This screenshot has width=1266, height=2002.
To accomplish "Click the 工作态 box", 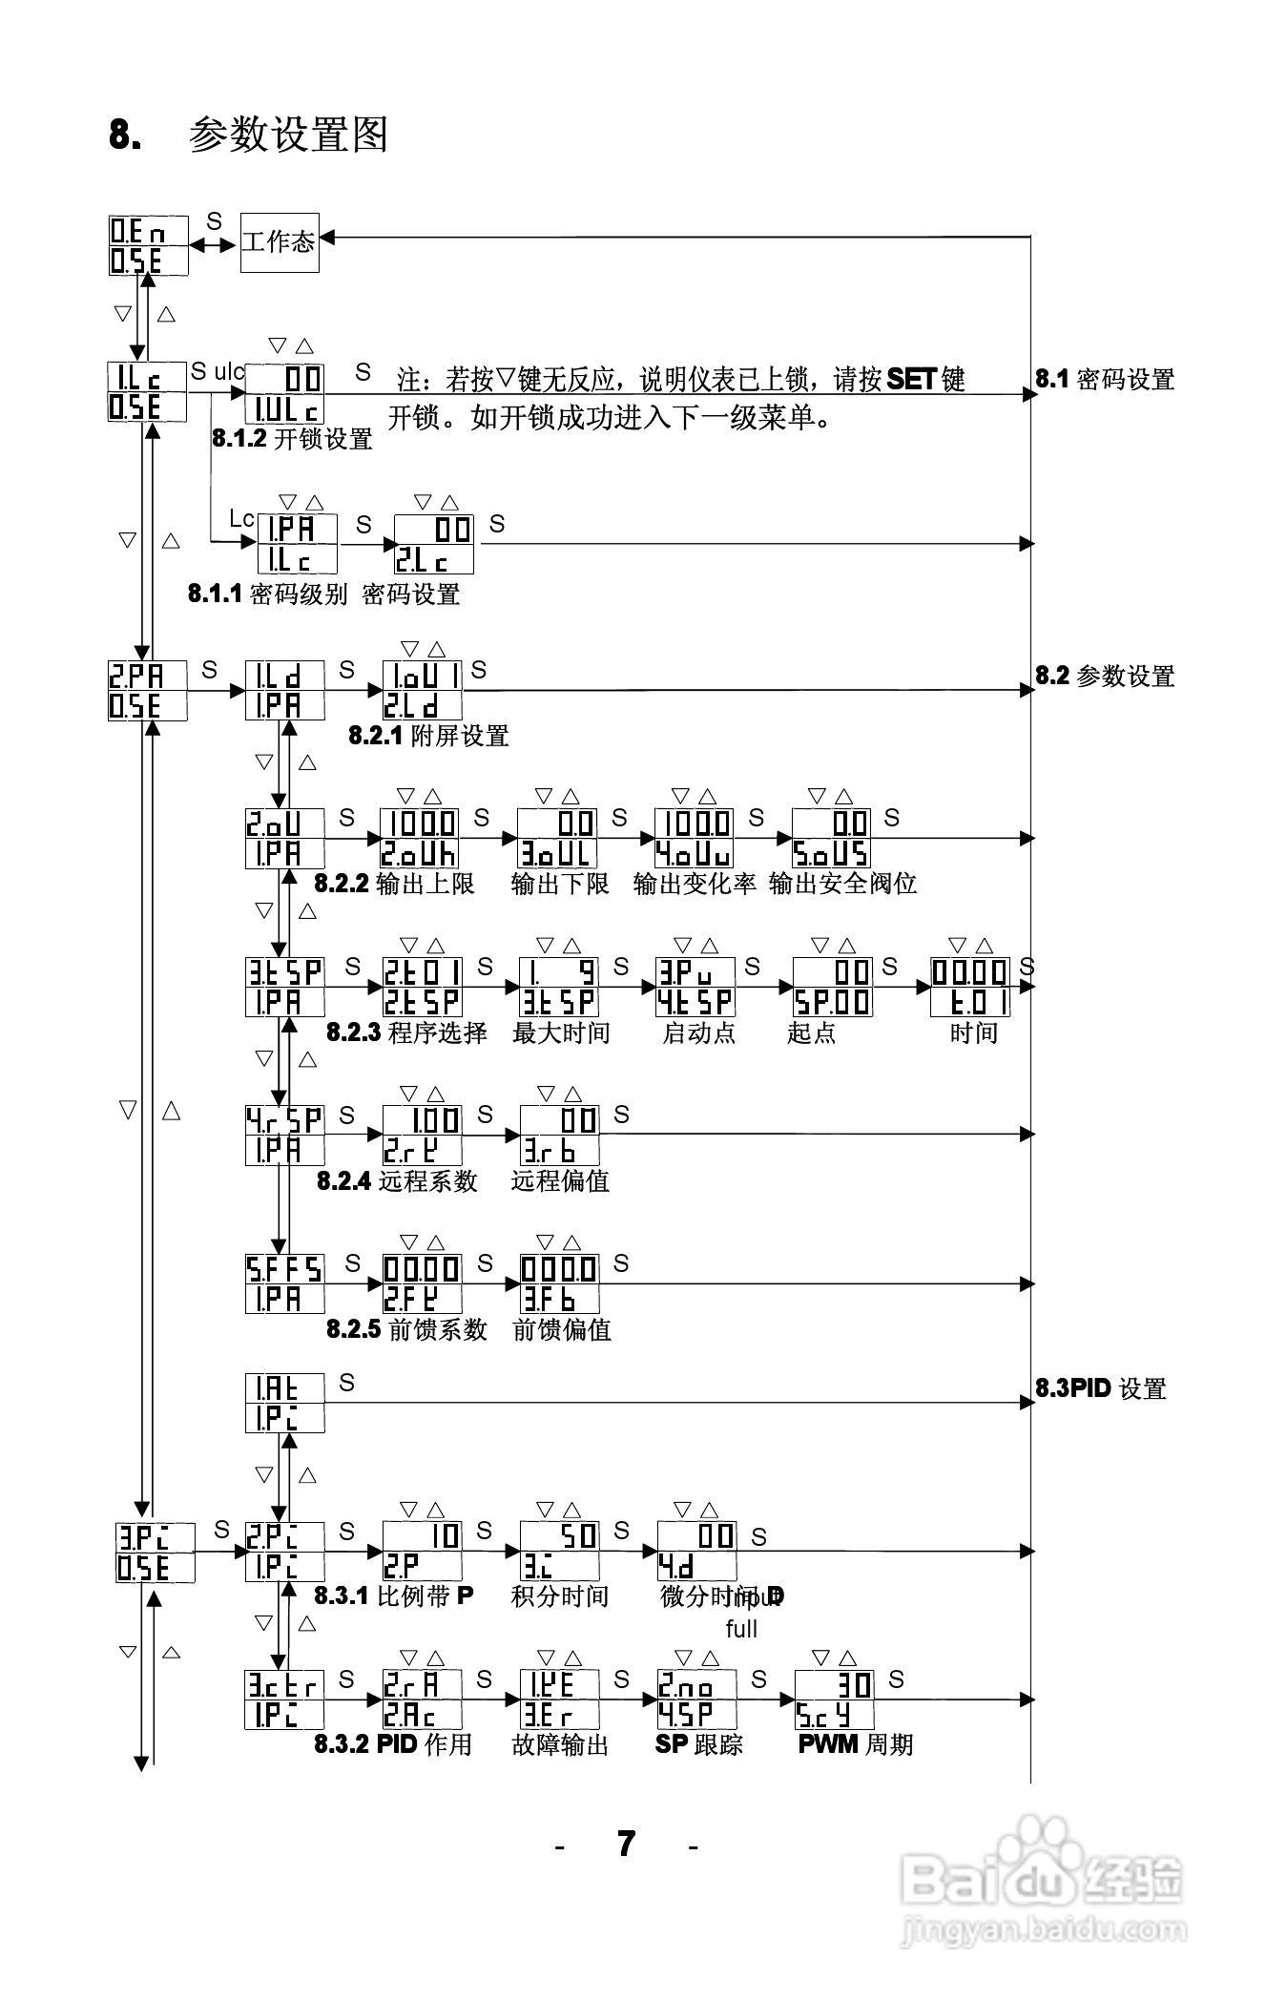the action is coord(278,242).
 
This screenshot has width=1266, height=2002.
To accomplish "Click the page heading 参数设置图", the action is coord(288,135).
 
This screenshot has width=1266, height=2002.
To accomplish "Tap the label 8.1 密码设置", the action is coord(1104,380).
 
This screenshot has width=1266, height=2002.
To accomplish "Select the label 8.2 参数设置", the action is coord(1104,677).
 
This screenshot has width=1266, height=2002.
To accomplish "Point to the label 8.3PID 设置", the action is coord(1100,1388).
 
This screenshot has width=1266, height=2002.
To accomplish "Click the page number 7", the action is coord(626,1843).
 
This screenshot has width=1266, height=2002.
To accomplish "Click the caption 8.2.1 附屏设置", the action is coord(428,736).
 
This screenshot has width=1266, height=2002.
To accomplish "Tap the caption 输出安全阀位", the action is coord(842,884).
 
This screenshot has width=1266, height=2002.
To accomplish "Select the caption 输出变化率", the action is coord(694,884).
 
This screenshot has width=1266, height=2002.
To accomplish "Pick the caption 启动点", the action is coord(698,1033).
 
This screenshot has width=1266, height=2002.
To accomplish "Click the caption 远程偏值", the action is coord(560,1181).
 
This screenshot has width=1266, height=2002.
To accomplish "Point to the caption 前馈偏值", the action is coord(561,1330).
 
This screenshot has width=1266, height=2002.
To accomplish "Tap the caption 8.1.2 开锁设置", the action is coord(292,440).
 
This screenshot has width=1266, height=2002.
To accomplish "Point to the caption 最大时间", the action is coord(560,1033).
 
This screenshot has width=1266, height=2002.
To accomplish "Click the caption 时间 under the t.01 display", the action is coord(973,1033).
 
